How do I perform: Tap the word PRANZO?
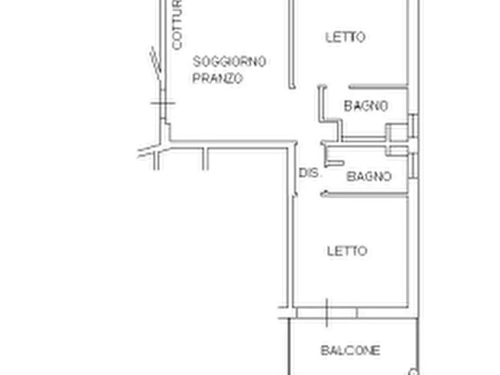pos(218,78)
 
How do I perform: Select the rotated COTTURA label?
pos(177,25)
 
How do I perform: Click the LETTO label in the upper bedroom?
pos(345,37)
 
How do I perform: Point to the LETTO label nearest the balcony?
pos(347,251)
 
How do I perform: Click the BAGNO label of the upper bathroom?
pos(366,106)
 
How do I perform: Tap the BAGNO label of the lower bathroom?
pos(368,176)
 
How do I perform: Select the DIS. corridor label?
pos(310,174)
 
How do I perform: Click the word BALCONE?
pos(351,351)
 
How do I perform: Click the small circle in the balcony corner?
pos(413,372)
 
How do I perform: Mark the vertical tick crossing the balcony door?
pos(327,312)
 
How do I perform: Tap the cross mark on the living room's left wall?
pos(162,103)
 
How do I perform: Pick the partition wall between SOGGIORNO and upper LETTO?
pos(292,45)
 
